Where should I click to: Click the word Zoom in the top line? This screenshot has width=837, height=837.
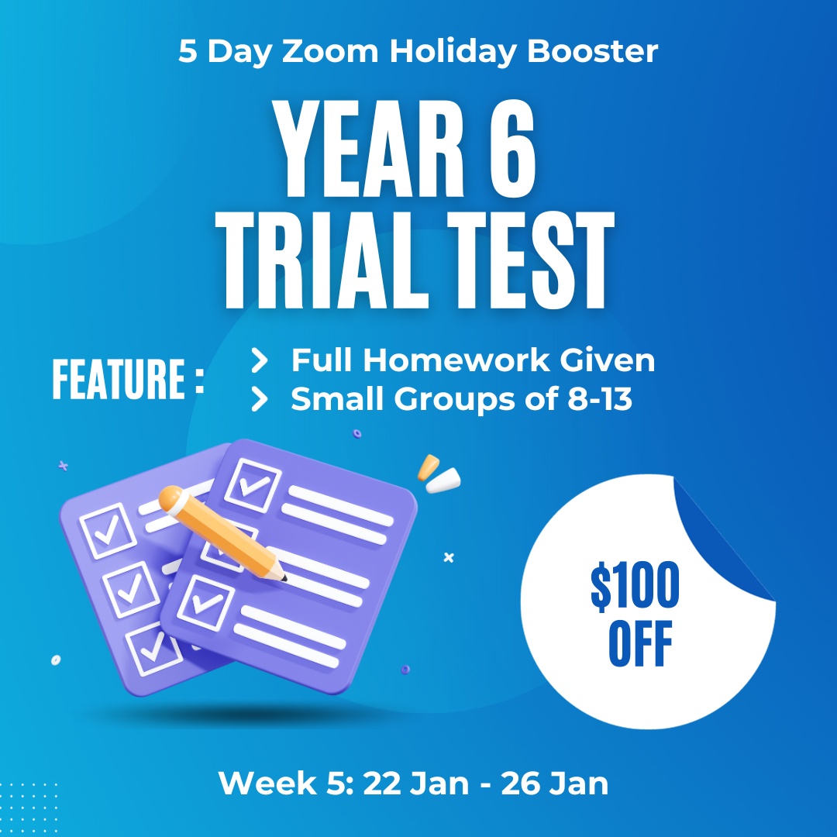point(330,51)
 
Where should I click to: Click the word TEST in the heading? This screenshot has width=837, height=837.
point(531,260)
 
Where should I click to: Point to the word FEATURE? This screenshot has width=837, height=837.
point(119,379)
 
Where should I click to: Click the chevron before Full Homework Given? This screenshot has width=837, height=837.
point(260,360)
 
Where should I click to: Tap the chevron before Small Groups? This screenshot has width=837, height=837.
point(260,399)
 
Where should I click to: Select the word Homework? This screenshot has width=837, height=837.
point(456,360)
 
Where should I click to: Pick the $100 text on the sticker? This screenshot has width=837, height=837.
point(635,586)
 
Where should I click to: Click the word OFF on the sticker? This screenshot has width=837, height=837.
point(641,644)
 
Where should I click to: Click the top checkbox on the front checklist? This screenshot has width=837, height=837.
point(253,485)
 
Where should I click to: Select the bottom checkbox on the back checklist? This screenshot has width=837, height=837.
point(152,649)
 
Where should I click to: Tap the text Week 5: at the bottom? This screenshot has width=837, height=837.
point(286,784)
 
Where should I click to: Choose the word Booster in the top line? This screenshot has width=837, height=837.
point(593,51)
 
